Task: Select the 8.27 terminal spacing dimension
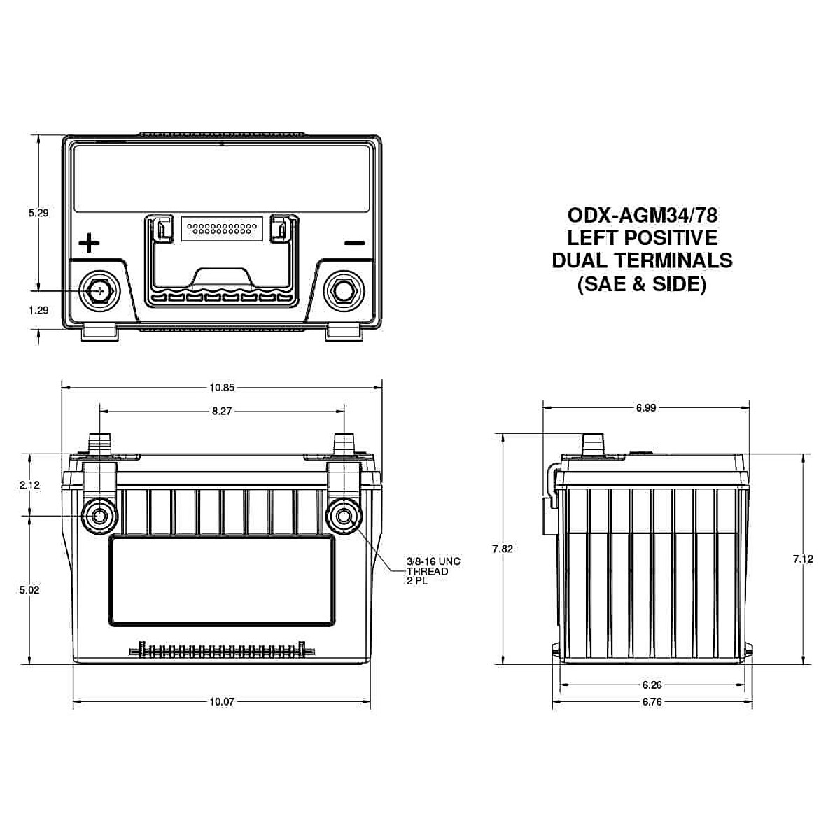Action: point(221,412)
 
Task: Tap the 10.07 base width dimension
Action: point(221,701)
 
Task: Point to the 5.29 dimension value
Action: point(38,213)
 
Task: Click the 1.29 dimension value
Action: point(38,310)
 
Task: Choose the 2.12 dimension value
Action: point(30,484)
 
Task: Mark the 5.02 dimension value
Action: point(30,589)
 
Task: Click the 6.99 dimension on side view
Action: point(645,407)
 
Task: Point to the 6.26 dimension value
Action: point(651,685)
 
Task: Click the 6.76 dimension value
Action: point(651,701)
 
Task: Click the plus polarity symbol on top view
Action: point(89,244)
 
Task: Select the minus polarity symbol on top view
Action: point(355,244)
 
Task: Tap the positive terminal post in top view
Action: point(99,290)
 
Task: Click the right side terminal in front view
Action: point(344,517)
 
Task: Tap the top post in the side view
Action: point(592,443)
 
